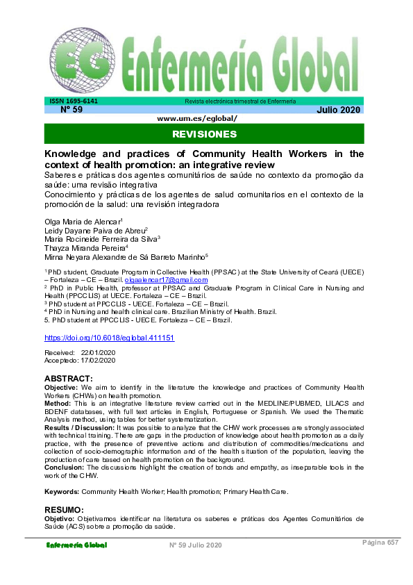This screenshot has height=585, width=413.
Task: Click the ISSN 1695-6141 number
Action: pyautogui.click(x=73, y=101)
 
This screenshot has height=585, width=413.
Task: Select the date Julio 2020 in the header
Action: pyautogui.click(x=339, y=110)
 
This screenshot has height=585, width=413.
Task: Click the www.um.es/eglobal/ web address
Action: pyautogui.click(x=198, y=118)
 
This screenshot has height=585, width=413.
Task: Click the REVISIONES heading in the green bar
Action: pyautogui.click(x=204, y=133)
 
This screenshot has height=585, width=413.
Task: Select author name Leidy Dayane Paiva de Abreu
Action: pyautogui.click(x=94, y=229)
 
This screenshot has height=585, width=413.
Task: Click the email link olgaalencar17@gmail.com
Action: pyautogui.click(x=171, y=280)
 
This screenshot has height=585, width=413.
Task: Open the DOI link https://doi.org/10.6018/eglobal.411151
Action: pyautogui.click(x=109, y=338)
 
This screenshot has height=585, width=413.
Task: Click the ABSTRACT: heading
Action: pyautogui.click(x=68, y=378)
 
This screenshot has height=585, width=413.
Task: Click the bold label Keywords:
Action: pyautogui.click(x=62, y=491)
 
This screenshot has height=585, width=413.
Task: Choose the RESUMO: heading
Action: pyautogui.click(x=65, y=509)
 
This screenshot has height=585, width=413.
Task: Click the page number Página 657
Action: pyautogui.click(x=380, y=543)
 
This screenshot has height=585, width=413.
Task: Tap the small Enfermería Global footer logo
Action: pyautogui.click(x=76, y=545)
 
